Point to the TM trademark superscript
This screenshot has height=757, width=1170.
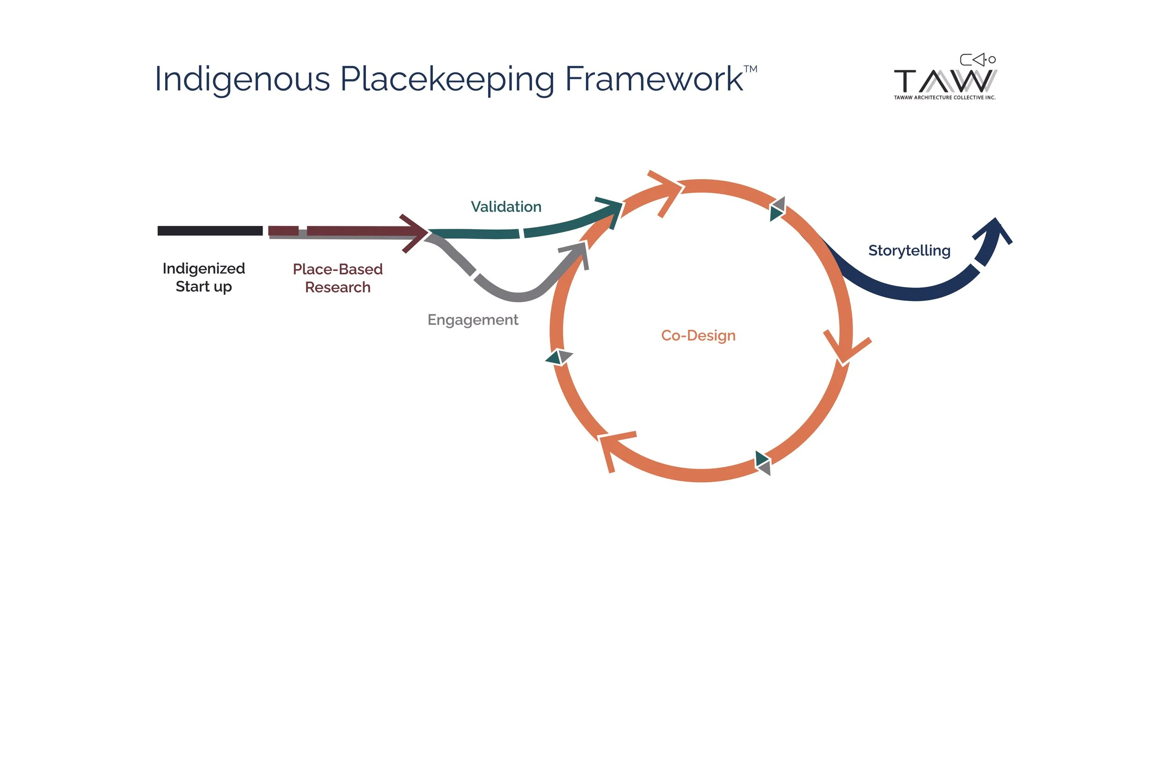(750, 69)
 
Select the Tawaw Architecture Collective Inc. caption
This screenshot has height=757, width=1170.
(944, 97)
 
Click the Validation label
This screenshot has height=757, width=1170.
(506, 206)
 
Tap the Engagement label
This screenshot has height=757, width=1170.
(472, 320)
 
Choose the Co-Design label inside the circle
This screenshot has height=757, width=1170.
(698, 335)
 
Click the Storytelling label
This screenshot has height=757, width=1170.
(909, 251)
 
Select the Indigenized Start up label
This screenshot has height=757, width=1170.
(204, 277)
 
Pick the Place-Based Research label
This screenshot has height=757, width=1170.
(338, 278)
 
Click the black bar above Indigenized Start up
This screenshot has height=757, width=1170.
(210, 231)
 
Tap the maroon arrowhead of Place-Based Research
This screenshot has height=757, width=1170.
(416, 233)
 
